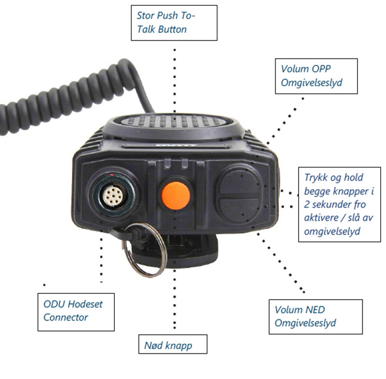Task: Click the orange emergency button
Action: [x=176, y=196]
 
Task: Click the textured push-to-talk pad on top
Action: [x=174, y=121]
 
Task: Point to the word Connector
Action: [x=66, y=317]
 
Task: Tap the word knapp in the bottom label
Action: [x=179, y=346]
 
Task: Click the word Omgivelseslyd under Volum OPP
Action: [x=312, y=83]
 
